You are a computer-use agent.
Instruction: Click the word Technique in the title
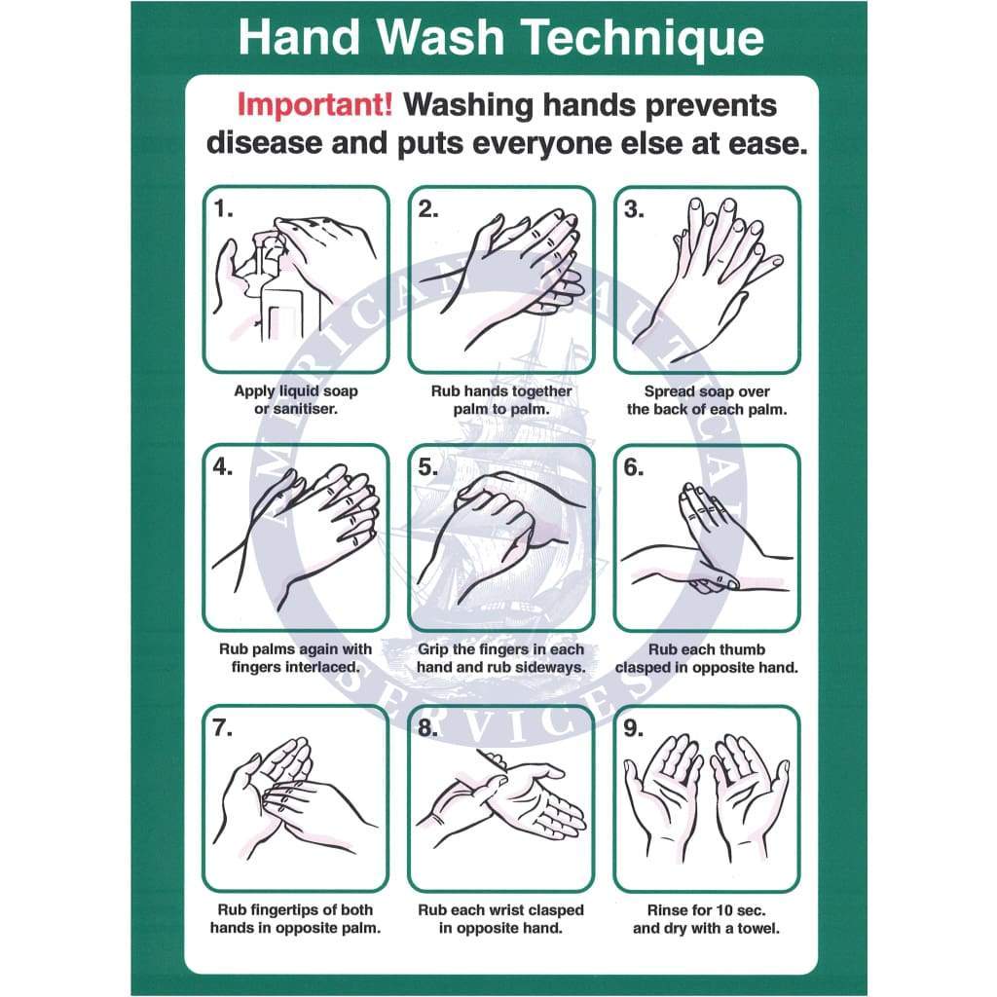click(644, 38)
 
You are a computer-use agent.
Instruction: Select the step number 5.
click(429, 466)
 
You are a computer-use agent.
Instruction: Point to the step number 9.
click(635, 727)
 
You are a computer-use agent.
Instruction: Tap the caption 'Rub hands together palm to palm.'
click(501, 400)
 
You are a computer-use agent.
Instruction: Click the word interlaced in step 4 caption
click(321, 668)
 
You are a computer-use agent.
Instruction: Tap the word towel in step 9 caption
click(759, 928)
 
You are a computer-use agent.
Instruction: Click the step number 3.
click(635, 208)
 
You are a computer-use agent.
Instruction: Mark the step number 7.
click(223, 727)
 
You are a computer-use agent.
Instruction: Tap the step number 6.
click(635, 466)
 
